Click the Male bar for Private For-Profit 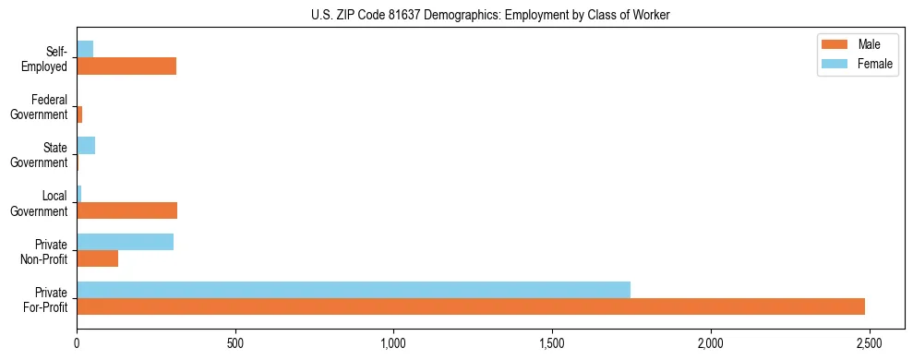[471, 306]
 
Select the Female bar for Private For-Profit [354, 290]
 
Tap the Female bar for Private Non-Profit [125, 242]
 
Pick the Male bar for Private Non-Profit [97, 258]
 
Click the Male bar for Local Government [126, 210]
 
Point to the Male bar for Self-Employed [126, 66]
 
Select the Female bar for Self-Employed [85, 49]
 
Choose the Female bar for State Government [86, 146]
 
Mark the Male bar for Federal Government [79, 114]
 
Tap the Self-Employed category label [47, 58]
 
